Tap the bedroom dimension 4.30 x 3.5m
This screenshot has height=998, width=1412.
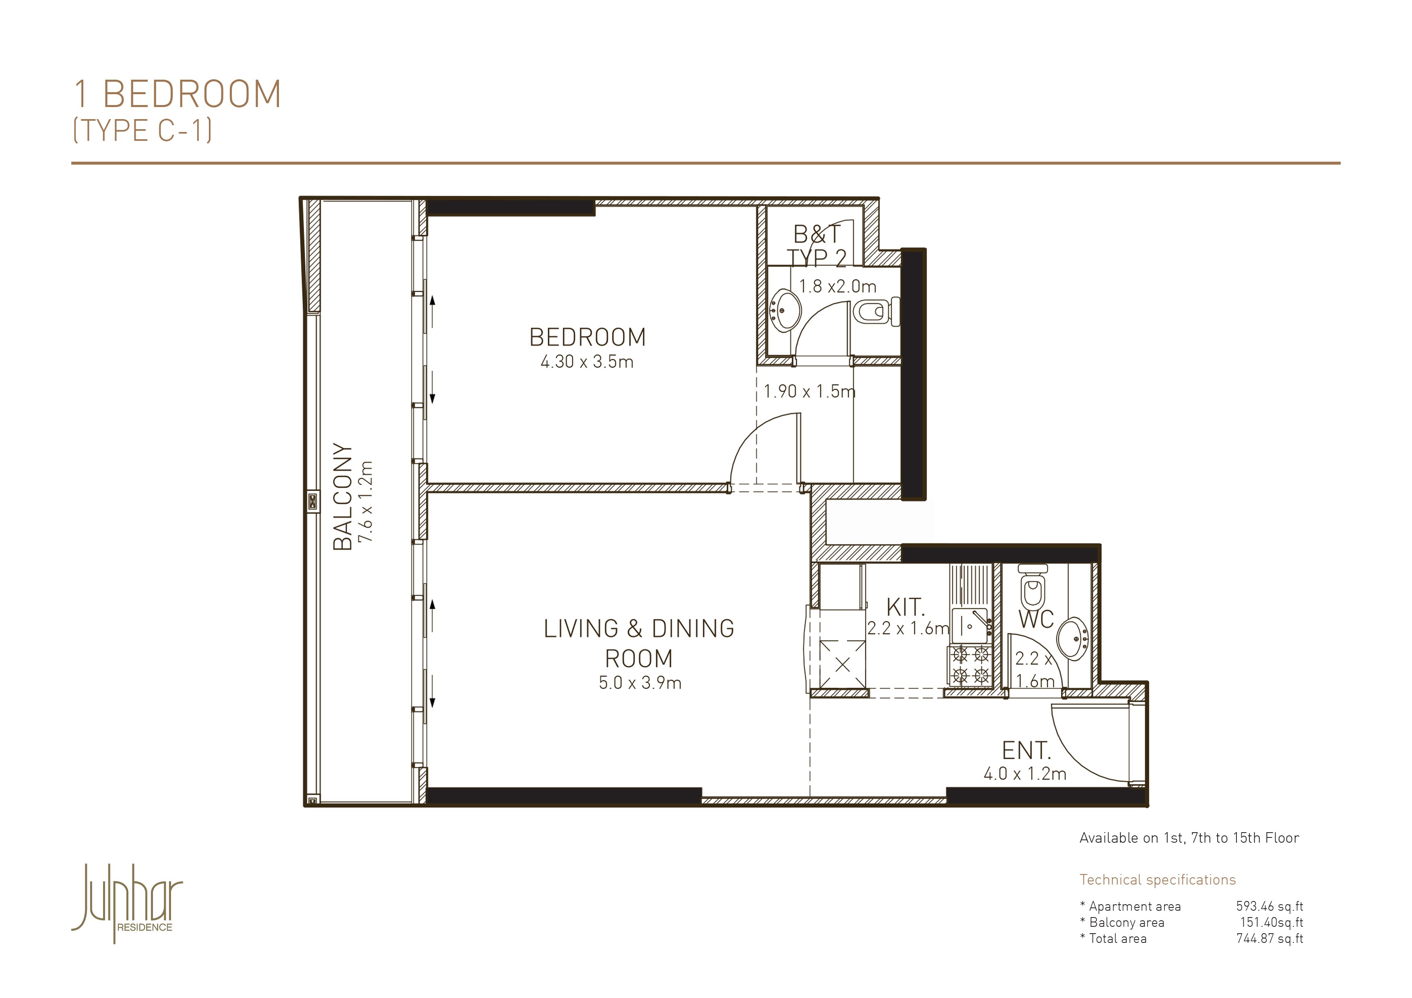point(587,361)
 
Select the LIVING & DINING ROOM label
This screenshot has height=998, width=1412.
point(639,643)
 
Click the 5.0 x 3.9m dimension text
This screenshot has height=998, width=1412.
point(640,683)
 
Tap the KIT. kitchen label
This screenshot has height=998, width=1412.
point(905,607)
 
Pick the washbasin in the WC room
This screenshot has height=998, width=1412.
point(1073,639)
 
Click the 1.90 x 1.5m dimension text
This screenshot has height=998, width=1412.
point(809,391)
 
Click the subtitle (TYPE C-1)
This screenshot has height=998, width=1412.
point(142,130)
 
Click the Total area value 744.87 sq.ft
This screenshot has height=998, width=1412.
point(1270,939)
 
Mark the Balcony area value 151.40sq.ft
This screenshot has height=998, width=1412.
point(1271,922)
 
